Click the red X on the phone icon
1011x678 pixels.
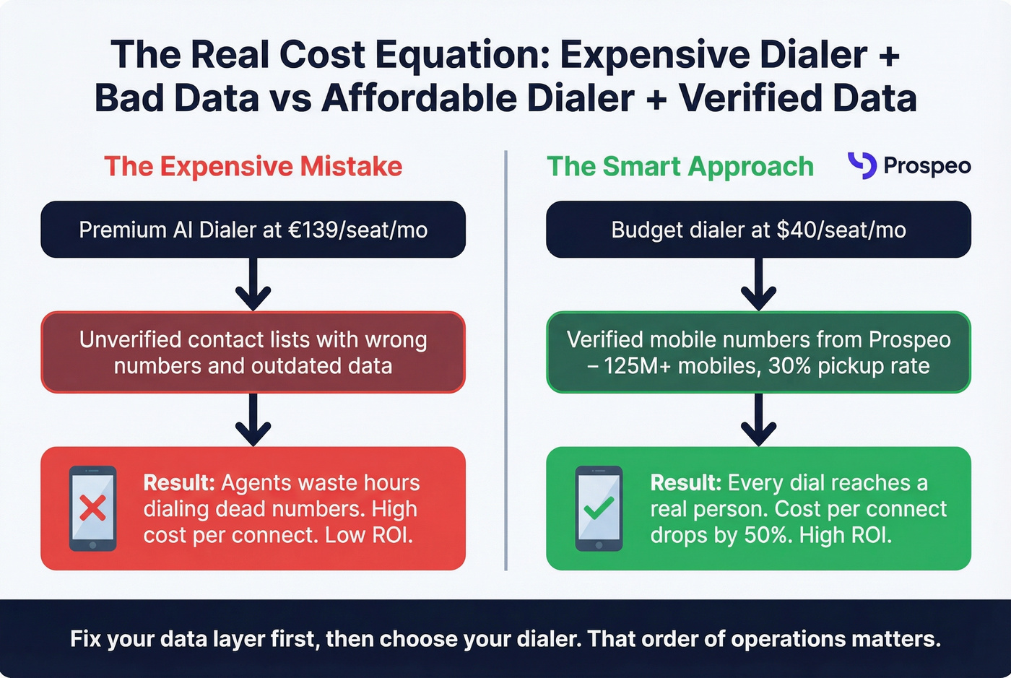(92, 508)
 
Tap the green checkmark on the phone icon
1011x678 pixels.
(599, 508)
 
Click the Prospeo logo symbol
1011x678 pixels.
(862, 165)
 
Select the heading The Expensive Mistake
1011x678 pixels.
(253, 167)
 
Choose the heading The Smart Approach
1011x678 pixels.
(680, 167)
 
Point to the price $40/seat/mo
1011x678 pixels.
(841, 230)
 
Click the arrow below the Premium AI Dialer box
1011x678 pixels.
(253, 284)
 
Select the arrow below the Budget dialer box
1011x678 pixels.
(758, 284)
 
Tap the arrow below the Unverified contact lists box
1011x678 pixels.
(253, 420)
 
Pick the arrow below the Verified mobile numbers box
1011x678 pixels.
(758, 420)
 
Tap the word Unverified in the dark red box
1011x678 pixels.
(130, 339)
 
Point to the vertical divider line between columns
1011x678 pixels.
(506, 361)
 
